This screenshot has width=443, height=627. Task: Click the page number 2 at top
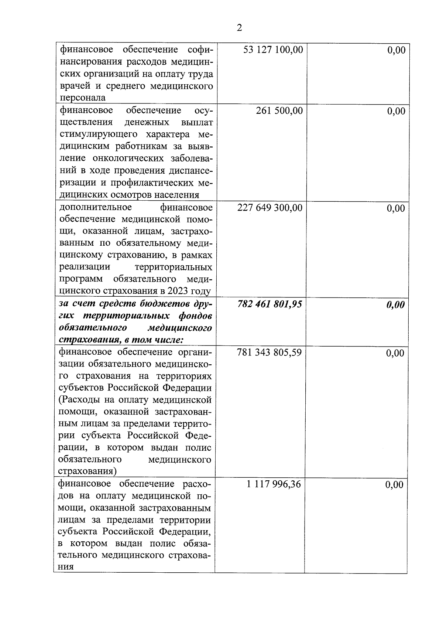[239, 28]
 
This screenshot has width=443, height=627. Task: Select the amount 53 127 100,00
[273, 50]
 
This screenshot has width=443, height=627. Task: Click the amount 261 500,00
[279, 110]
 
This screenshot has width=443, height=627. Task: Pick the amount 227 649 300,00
[269, 208]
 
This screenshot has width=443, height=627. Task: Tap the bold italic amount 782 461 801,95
[269, 304]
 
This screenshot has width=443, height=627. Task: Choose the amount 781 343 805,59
[269, 352]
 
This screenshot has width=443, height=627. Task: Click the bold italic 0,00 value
[395, 305]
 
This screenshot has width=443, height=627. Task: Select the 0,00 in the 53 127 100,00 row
[396, 50]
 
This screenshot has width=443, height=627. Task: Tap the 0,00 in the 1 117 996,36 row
[394, 484]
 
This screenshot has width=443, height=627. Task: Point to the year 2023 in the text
[179, 291]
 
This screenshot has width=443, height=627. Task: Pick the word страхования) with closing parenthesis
[87, 471]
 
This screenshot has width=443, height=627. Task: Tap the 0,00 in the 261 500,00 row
[396, 111]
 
